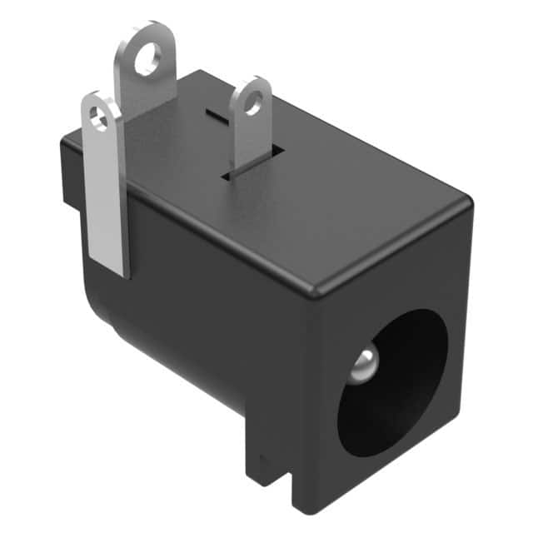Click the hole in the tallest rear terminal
(147, 60)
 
